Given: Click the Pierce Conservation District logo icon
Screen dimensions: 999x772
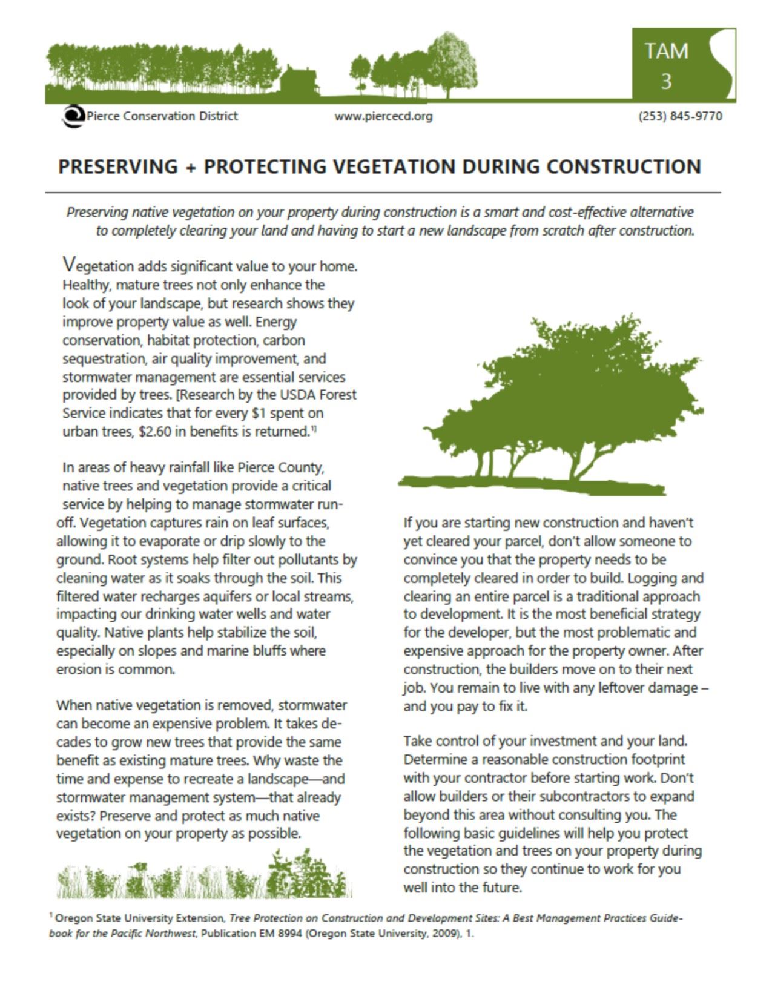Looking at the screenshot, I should tap(73, 116).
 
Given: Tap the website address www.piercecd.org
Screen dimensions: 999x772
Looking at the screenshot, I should tap(383, 116).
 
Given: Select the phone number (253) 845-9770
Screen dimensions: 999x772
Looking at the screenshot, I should tap(680, 116).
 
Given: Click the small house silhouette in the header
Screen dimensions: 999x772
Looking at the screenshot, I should tap(301, 82).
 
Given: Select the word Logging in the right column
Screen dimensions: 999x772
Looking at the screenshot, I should tap(667, 578).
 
